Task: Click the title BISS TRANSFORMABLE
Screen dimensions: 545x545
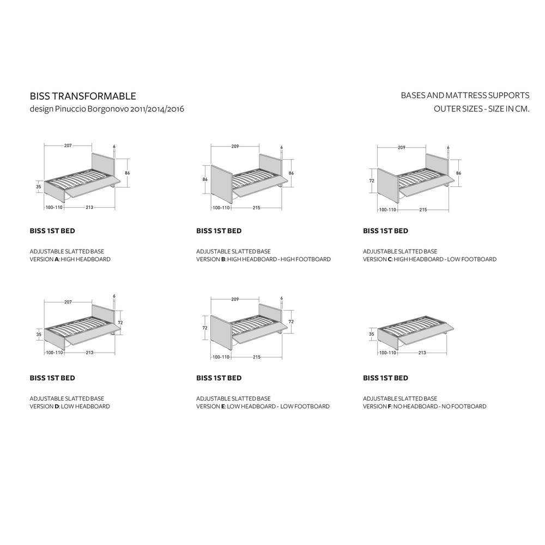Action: (83, 96)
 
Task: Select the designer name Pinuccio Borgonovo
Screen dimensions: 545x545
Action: (92, 109)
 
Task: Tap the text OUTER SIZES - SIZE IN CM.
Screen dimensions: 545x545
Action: (481, 109)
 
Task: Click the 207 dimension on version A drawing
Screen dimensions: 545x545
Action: (68, 146)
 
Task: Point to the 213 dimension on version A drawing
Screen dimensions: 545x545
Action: (89, 207)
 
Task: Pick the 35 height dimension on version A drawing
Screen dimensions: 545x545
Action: (39, 186)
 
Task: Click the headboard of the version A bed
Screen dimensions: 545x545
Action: (103, 167)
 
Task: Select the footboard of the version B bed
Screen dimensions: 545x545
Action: (222, 183)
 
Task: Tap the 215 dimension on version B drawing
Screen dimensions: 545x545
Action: (257, 208)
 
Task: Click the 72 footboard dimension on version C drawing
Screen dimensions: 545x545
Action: (372, 181)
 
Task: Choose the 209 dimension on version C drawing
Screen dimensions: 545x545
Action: (402, 147)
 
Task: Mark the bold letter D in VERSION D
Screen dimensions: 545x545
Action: (57, 407)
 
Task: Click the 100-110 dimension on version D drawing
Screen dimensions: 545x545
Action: (55, 353)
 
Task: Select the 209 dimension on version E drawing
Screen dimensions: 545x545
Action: (235, 299)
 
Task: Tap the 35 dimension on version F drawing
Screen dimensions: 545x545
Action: (372, 334)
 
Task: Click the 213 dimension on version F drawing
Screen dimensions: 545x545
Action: (422, 353)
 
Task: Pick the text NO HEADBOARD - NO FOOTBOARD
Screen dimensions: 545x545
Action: (440, 407)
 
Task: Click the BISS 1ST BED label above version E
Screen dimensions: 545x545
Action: (219, 378)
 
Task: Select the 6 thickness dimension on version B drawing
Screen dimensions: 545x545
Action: (282, 147)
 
